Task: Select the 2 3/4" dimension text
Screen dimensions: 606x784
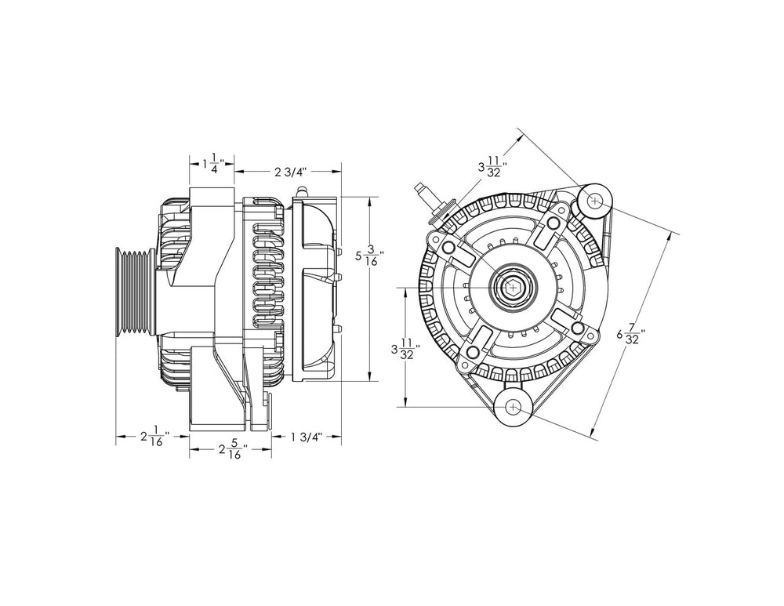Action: [x=289, y=170]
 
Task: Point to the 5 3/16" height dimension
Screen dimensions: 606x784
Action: [x=369, y=256]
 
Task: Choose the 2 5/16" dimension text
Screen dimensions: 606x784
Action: [x=232, y=450]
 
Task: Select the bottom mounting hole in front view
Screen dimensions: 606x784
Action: [x=513, y=407]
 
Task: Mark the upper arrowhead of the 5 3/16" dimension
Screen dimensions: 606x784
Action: [x=369, y=201]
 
